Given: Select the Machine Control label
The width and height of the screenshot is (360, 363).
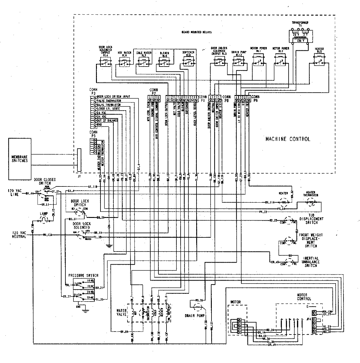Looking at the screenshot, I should tap(288, 139).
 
